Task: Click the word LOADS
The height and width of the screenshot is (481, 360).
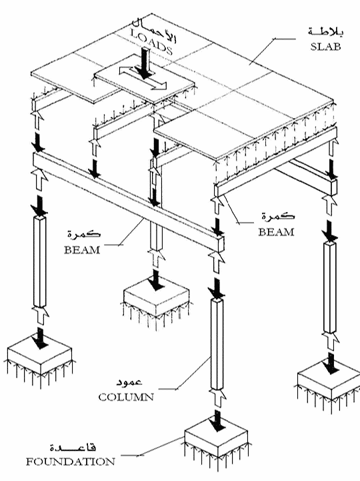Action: point(151,42)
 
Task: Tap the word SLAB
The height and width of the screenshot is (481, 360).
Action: point(325,46)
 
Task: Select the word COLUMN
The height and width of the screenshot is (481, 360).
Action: point(126,397)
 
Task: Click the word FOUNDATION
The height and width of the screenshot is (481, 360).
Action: point(70,462)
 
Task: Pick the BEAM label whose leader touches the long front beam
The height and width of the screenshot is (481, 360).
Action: point(82,250)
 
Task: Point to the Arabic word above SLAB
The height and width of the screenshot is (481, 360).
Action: point(326,32)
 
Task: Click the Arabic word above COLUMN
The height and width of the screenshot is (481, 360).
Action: point(129,382)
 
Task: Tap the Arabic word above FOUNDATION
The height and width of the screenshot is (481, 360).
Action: point(73,447)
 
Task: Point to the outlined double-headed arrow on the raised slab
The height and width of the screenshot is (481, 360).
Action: point(143,77)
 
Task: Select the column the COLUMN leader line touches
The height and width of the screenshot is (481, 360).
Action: point(217,344)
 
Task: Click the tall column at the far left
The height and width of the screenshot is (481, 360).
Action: point(39,262)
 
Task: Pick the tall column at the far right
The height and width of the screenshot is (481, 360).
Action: point(330,286)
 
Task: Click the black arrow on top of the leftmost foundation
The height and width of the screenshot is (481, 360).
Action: point(39,338)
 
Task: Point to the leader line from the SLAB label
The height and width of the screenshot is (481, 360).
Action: point(273,51)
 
